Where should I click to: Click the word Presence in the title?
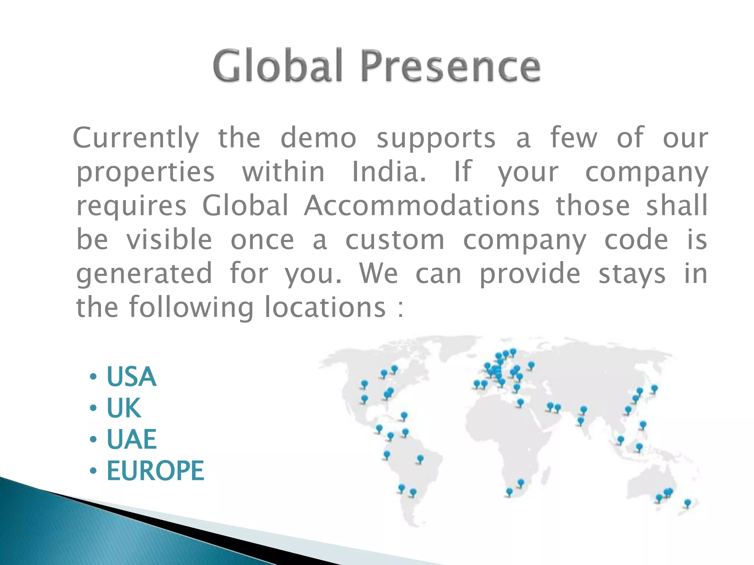tap(450, 67)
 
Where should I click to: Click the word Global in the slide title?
tap(278, 67)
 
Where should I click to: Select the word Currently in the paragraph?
tap(136, 138)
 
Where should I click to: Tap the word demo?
tap(318, 138)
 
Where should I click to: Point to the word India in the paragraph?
tap(388, 172)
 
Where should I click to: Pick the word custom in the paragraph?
tap(395, 239)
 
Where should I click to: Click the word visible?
tap(169, 239)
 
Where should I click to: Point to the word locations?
tap(325, 307)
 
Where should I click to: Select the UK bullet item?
tap(124, 408)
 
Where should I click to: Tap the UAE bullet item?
tap(131, 439)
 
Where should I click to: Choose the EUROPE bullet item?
tap(155, 470)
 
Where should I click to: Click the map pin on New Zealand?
tap(687, 502)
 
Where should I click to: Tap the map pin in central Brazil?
tap(420, 459)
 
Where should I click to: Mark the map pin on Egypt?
tap(520, 402)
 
